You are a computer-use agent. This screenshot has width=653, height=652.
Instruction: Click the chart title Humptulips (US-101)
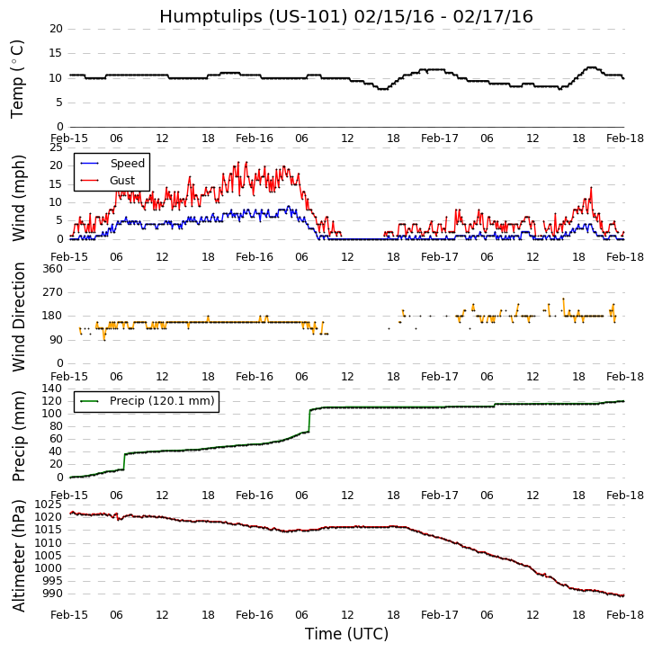[346, 17]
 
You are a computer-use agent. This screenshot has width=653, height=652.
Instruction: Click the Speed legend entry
[127, 164]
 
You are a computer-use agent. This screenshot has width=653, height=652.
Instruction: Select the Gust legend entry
[122, 181]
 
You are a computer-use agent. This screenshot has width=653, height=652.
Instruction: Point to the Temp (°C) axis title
[18, 78]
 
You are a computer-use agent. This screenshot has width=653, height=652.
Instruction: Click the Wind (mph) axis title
[20, 197]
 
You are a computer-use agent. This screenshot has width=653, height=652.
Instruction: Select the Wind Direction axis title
[20, 317]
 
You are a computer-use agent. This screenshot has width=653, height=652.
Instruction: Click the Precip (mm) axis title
[20, 436]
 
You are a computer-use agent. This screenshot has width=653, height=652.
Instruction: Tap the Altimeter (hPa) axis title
[20, 555]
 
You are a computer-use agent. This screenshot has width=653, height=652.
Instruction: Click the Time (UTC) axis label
[346, 634]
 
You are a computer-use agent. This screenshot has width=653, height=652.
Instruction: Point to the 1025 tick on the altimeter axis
[48, 505]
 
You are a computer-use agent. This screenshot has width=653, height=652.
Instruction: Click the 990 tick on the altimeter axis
[51, 594]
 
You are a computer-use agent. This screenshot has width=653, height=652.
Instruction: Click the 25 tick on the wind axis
[55, 147]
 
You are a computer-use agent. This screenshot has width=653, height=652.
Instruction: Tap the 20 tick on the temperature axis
[55, 29]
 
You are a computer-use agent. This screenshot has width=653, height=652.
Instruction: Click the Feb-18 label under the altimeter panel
[624, 615]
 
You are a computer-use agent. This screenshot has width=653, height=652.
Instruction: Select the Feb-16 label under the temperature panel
[255, 138]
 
